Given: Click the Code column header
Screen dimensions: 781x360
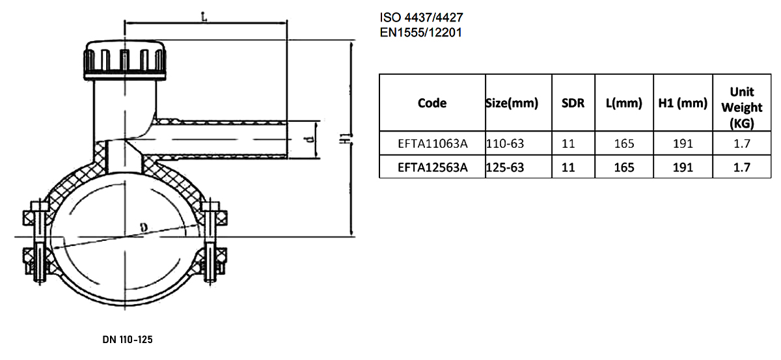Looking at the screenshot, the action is (x=432, y=103).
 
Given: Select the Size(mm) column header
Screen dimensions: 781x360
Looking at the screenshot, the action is (x=512, y=103).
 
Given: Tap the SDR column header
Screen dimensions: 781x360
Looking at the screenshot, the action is (x=573, y=103).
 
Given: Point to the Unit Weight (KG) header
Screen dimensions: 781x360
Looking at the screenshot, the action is (x=742, y=107).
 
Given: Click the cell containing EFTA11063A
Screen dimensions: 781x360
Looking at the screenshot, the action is (x=432, y=143).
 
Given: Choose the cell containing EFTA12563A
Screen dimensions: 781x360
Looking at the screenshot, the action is (x=432, y=167).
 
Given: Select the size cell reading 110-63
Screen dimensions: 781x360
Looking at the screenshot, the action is (x=505, y=143).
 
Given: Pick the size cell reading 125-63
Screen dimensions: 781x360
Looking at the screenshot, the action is (x=505, y=167).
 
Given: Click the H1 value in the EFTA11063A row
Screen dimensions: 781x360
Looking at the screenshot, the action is (x=683, y=143).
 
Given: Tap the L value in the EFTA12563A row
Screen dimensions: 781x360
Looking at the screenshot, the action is (x=624, y=167).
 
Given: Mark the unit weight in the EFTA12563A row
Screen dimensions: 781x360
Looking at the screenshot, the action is (x=741, y=167).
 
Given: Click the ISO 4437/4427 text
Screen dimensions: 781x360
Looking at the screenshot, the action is (x=421, y=17).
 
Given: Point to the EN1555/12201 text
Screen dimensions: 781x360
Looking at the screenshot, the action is (x=421, y=33).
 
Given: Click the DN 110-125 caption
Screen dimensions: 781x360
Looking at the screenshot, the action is (x=128, y=339).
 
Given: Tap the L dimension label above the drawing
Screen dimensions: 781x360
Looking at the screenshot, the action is (x=204, y=16).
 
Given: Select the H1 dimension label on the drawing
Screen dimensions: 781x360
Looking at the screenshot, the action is (x=345, y=138).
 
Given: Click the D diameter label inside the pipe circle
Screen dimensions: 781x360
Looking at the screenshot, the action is (x=144, y=227).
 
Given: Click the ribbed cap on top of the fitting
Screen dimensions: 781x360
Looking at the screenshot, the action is (x=124, y=61).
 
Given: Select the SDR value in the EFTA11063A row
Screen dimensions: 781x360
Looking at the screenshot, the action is (x=568, y=143).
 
